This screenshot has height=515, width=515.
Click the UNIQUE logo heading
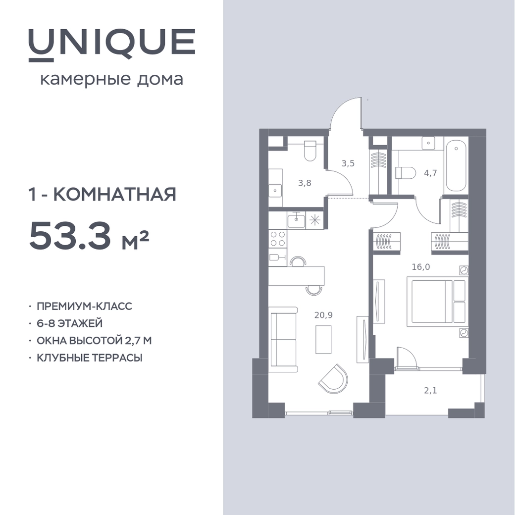[112, 45]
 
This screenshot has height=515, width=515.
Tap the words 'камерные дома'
[112, 80]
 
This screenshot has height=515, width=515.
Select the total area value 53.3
[70, 235]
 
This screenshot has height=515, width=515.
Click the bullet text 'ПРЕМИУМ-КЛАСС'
[84, 306]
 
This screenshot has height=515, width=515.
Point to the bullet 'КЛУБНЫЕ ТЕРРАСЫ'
[90, 358]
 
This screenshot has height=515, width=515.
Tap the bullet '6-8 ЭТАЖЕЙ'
[70, 323]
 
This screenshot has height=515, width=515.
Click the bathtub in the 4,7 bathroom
[456, 167]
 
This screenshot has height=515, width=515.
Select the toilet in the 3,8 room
[310, 151]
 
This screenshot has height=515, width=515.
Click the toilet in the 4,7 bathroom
[406, 173]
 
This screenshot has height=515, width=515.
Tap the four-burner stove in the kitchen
[277, 239]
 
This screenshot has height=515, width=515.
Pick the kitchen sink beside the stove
[296, 220]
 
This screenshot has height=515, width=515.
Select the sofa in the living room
[283, 339]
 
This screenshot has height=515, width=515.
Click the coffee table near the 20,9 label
[323, 339]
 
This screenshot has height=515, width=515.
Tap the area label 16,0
[421, 267]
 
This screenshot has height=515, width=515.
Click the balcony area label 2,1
[430, 391]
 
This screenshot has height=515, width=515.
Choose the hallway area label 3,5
[348, 163]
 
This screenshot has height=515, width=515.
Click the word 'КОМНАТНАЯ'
[114, 195]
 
